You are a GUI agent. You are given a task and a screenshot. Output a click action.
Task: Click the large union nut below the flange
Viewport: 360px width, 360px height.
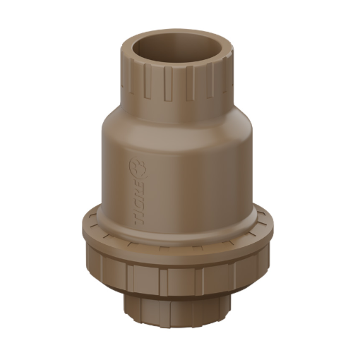pyautogui.click(x=180, y=275)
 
